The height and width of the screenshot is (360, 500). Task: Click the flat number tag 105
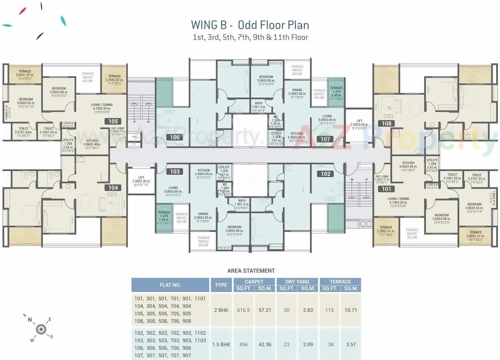[x=113, y=122]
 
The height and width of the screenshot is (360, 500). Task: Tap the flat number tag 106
[x=175, y=138]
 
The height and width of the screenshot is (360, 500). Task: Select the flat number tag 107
[x=326, y=139]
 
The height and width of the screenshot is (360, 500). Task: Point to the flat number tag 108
[x=387, y=123]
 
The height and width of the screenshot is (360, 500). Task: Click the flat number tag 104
[x=113, y=188]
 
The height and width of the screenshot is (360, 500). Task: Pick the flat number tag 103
[x=175, y=172]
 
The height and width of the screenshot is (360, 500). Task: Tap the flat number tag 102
[x=326, y=174]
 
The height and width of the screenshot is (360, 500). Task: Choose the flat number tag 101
[x=387, y=189]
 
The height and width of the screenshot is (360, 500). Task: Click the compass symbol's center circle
[x=41, y=329]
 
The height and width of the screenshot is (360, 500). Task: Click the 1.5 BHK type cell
[x=221, y=344]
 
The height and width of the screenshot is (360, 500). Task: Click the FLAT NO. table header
[x=170, y=285]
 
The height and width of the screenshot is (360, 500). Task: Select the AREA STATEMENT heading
[x=251, y=271]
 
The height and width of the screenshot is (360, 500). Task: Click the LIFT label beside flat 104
[x=141, y=178]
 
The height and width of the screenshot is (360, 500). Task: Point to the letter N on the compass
[x=30, y=319]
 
